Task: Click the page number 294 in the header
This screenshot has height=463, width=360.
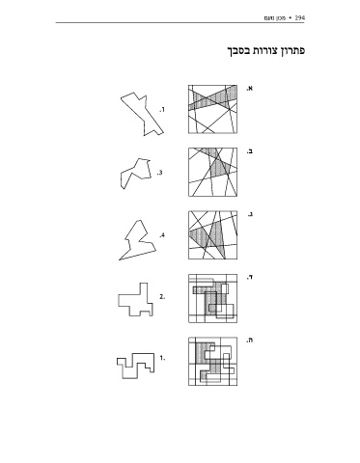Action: point(299,17)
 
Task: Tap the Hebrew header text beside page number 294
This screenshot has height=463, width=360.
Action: point(275,17)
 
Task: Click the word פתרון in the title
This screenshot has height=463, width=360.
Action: point(292,51)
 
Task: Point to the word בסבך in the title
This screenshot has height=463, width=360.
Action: point(238,51)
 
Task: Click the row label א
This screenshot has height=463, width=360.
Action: point(250,88)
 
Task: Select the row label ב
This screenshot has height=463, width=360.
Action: point(250,151)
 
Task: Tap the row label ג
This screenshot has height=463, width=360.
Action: point(250,214)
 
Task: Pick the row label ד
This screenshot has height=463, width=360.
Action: point(250,277)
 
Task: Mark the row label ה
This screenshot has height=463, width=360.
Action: point(250,340)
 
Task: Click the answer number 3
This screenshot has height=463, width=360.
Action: point(159,173)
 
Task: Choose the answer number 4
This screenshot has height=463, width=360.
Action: point(162,235)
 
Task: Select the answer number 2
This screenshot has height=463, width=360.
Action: point(162,297)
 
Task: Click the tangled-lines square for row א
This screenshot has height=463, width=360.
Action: point(213,109)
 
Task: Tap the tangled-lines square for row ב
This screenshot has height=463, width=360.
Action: point(213,172)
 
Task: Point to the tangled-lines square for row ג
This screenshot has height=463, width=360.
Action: point(213,235)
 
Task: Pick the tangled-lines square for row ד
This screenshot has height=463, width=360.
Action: point(213,298)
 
